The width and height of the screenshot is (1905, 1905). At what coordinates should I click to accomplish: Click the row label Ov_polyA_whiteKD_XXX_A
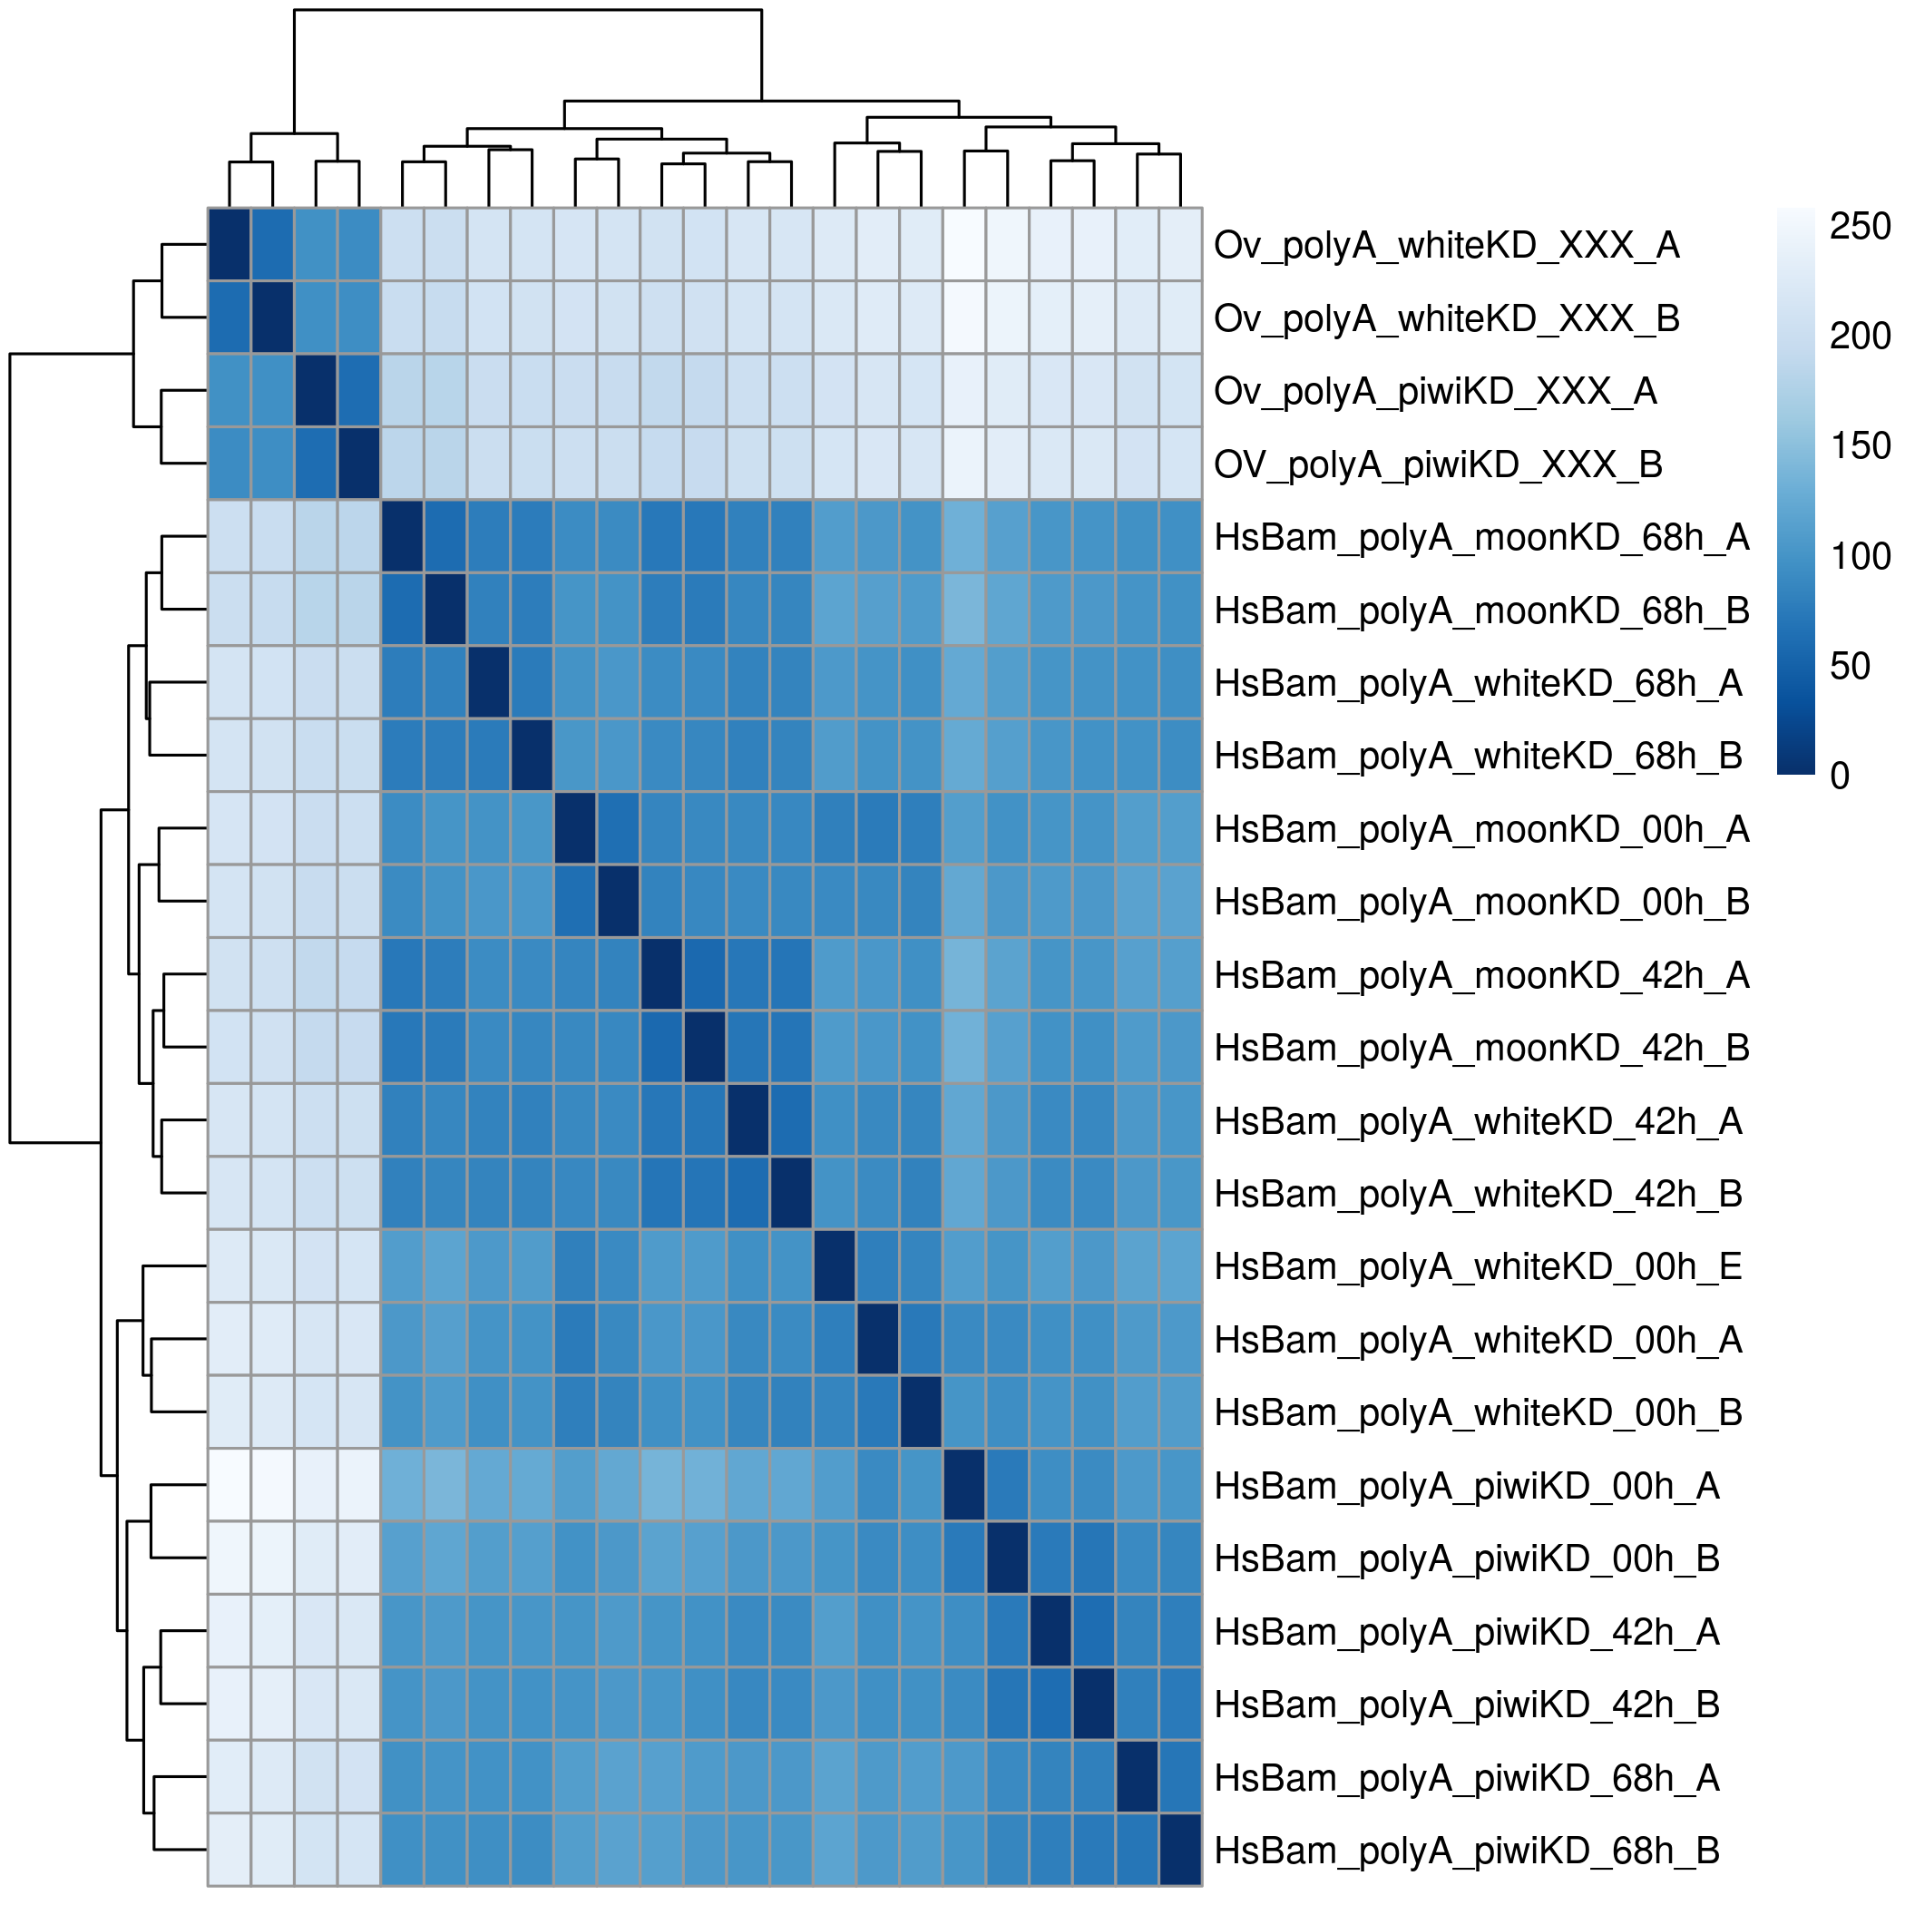[x=1445, y=246]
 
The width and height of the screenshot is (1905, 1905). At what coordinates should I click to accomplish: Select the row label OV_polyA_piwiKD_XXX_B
[x=1438, y=464]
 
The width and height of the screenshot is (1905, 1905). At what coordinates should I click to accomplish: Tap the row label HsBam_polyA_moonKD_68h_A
[x=1481, y=537]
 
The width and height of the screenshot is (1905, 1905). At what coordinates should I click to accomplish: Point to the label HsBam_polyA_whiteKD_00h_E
[x=1477, y=1267]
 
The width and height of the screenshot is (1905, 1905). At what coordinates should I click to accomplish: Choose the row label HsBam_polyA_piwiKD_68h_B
[x=1466, y=1851]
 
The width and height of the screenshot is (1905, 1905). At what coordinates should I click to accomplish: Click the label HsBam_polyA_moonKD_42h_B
[x=1481, y=1048]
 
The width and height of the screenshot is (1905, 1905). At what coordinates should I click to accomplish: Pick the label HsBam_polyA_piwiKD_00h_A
[x=1466, y=1486]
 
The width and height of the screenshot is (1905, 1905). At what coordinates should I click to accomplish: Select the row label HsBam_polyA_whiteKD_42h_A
[x=1477, y=1121]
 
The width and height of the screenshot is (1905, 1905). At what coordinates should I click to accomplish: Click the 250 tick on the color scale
[x=1860, y=227]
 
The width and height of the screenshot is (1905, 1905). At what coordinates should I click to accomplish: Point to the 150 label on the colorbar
[x=1860, y=446]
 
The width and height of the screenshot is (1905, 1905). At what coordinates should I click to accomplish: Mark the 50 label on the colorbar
[x=1850, y=667]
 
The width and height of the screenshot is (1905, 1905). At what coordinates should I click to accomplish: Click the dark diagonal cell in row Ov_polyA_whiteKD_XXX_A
[x=230, y=245]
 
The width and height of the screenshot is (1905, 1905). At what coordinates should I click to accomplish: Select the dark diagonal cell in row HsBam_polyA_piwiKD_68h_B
[x=1180, y=1850]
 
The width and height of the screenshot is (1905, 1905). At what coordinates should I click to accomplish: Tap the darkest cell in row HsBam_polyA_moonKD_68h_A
[x=402, y=536]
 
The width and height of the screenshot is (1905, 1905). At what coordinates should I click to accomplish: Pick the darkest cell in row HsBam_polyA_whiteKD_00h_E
[x=835, y=1266]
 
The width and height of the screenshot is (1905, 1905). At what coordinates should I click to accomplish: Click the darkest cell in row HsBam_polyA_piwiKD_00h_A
[x=964, y=1485]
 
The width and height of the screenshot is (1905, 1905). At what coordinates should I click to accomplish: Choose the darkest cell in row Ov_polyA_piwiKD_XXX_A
[x=316, y=390]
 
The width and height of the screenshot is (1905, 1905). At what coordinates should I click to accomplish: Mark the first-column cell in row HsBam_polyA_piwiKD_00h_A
[x=230, y=1485]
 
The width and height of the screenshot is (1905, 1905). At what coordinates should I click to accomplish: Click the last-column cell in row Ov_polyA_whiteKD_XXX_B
[x=1180, y=317]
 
